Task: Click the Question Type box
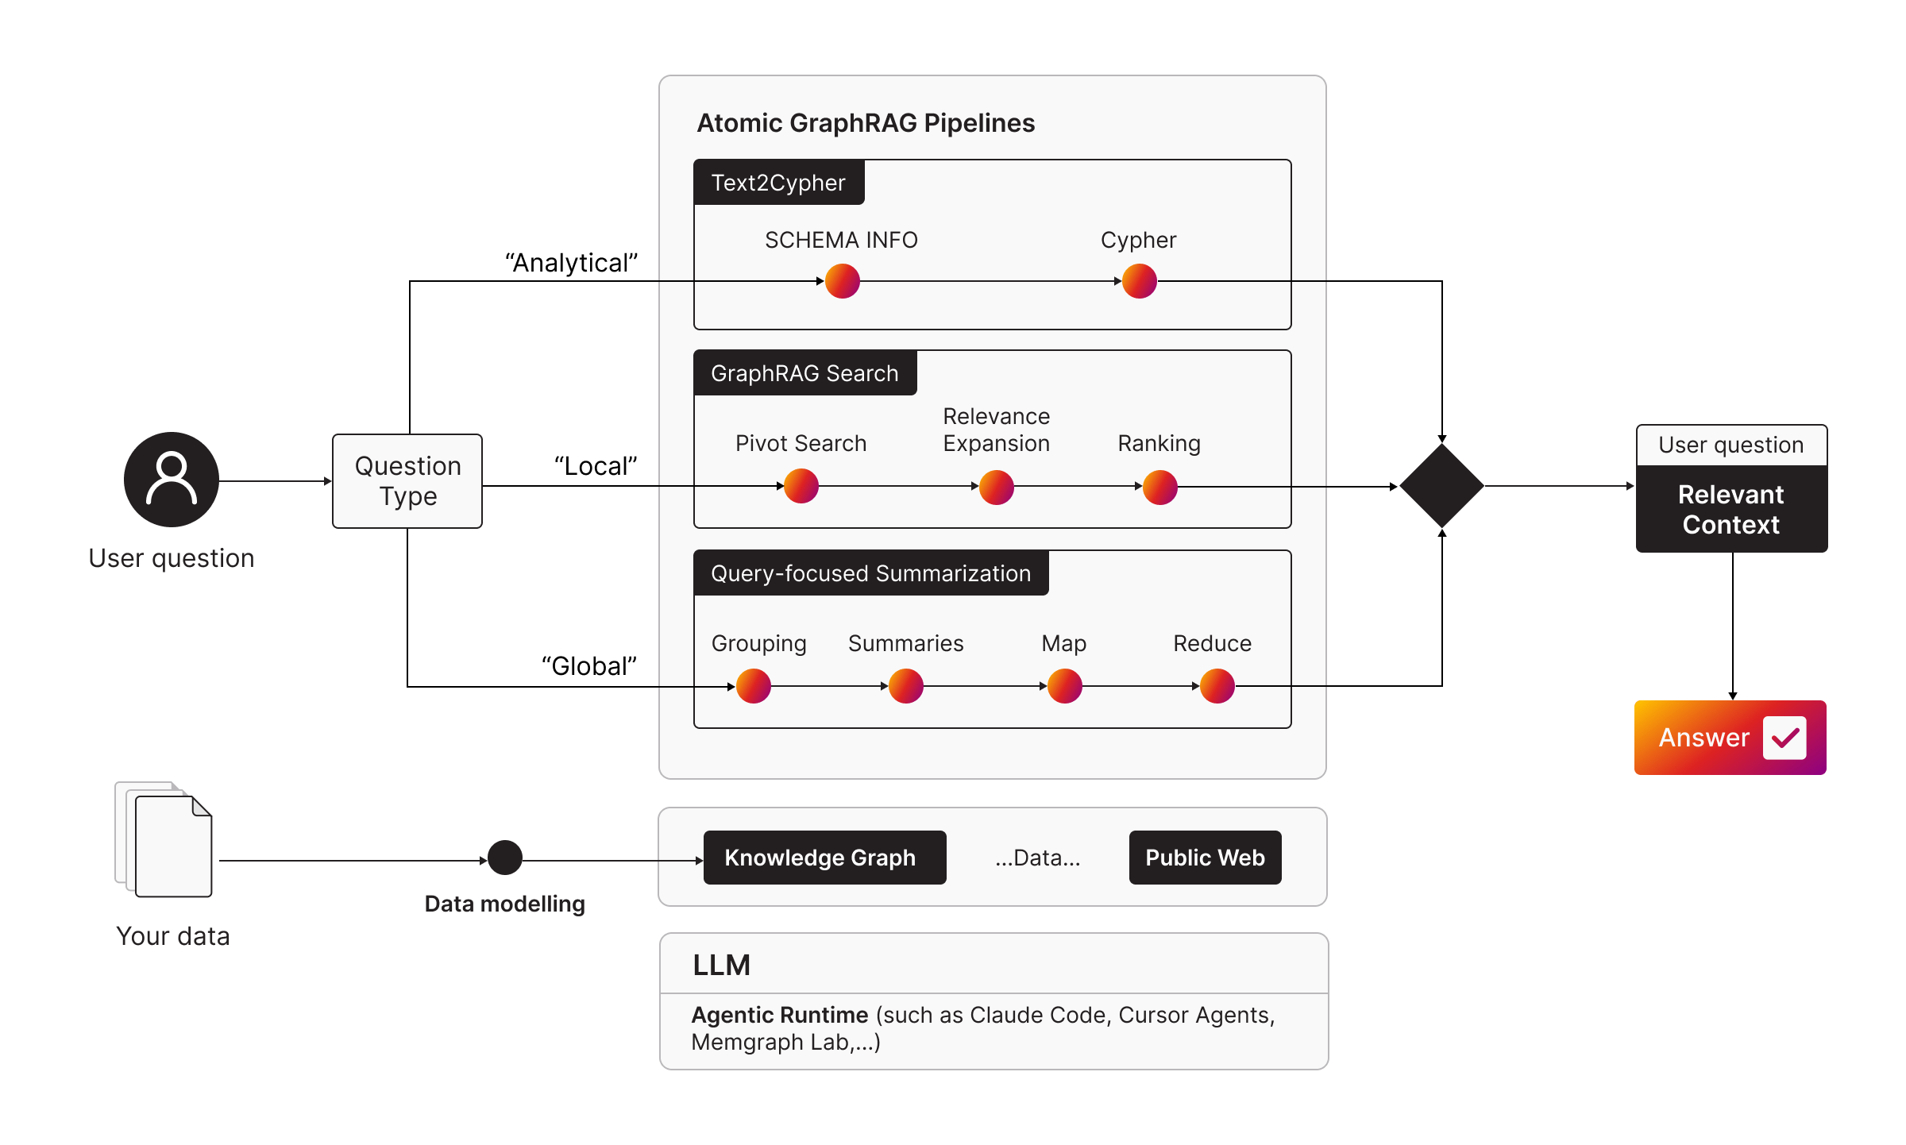point(407,481)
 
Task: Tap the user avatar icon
point(172,480)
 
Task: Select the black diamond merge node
point(1441,485)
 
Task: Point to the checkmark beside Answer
point(1784,738)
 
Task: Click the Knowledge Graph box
point(824,858)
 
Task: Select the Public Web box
point(1205,858)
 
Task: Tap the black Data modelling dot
point(505,858)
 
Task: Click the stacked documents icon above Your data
point(165,840)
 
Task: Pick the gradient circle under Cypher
point(1140,281)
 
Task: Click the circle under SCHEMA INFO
point(843,281)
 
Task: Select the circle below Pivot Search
point(801,486)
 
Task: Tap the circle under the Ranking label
point(1160,487)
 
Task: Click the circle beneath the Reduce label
point(1217,686)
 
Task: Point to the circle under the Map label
point(1065,686)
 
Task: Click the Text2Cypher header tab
point(778,183)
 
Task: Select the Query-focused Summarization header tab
point(870,573)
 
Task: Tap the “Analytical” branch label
point(572,263)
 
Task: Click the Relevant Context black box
point(1731,509)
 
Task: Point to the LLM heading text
point(721,965)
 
